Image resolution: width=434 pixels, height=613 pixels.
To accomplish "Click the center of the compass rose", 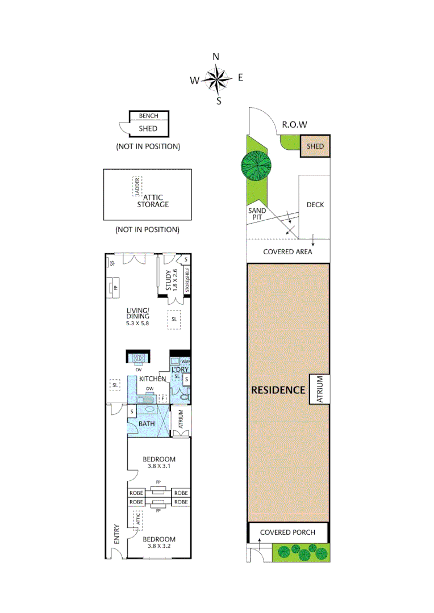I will coord(216,79).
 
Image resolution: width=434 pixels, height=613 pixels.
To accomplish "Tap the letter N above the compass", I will coord(216,56).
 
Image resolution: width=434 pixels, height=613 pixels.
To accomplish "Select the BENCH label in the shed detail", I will coord(148,116).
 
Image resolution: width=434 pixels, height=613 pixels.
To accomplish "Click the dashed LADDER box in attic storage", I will coord(137,186).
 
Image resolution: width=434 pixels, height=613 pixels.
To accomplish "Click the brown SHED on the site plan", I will coord(315,146).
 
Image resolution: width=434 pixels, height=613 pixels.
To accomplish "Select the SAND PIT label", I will coord(257,214).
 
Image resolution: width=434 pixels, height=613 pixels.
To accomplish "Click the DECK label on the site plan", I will coord(315,204).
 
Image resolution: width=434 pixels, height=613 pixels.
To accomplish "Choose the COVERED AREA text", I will coord(287,251).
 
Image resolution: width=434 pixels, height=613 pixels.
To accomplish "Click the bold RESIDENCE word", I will coord(279,390).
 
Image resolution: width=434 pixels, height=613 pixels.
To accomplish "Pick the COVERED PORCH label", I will coord(289,532).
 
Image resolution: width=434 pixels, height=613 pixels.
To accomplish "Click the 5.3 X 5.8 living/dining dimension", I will coord(138,323).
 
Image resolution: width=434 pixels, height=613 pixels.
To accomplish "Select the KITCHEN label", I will coord(153,379).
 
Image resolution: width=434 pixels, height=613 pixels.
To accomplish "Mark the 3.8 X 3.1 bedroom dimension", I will coord(158,466).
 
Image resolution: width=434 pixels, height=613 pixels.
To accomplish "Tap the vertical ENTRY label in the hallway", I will coord(117,534).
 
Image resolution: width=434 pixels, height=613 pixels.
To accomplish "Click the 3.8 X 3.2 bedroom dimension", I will coord(158,546).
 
